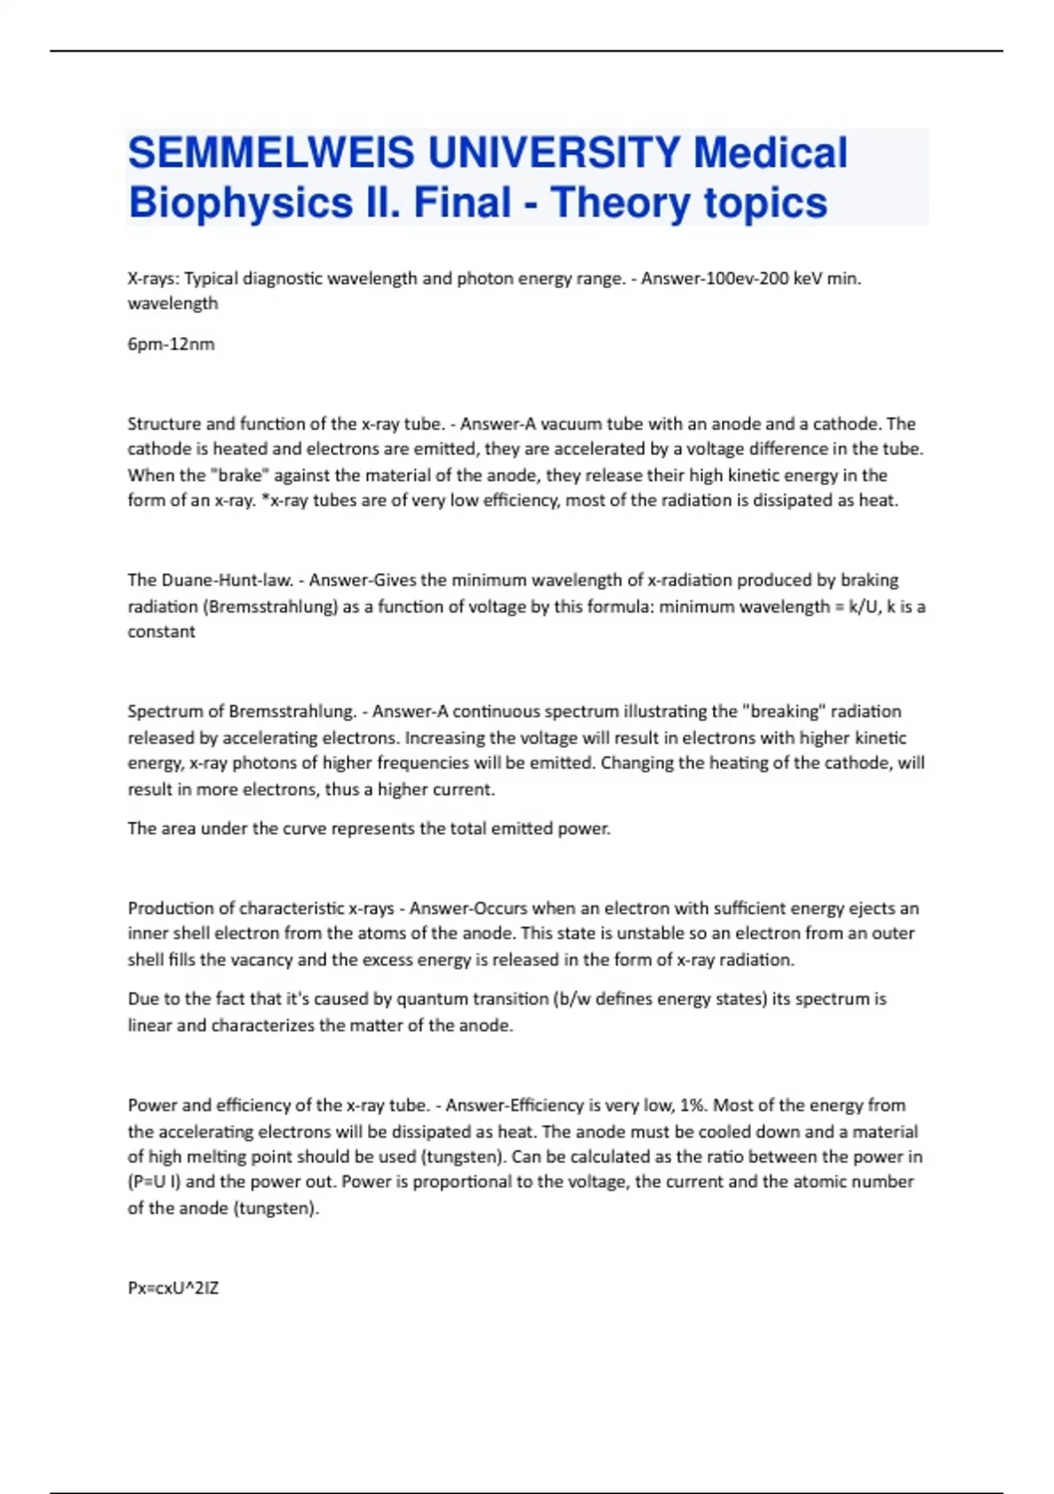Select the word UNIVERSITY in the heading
(554, 153)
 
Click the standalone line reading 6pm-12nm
(170, 344)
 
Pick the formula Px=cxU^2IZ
(173, 1288)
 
